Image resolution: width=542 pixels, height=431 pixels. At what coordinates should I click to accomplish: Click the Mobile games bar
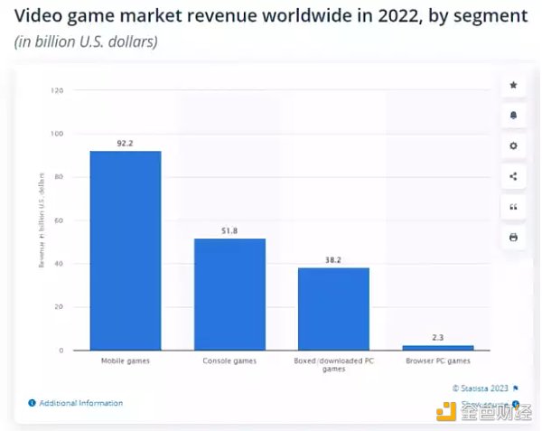[126, 250]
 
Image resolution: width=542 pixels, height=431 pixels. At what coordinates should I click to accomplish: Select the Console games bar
[229, 294]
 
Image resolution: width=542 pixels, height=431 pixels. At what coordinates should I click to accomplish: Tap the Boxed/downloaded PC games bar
[333, 308]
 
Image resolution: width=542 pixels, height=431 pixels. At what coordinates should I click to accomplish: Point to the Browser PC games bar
[437, 347]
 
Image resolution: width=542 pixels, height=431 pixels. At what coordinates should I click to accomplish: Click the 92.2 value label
[126, 143]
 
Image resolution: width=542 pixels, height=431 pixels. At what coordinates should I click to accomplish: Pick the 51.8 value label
[229, 230]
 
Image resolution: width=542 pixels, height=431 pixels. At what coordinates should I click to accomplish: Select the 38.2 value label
[333, 259]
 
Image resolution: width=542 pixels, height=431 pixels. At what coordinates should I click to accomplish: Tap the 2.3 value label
[437, 337]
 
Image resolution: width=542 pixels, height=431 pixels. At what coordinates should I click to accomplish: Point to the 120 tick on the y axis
[57, 90]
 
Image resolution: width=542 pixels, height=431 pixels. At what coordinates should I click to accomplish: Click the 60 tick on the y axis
[59, 220]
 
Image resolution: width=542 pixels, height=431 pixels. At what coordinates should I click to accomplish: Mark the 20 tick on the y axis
[59, 307]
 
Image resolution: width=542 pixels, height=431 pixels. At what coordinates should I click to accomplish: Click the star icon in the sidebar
[513, 85]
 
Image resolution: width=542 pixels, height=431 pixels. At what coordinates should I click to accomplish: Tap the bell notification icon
[513, 116]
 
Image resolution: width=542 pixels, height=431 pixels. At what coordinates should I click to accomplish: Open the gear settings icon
[513, 145]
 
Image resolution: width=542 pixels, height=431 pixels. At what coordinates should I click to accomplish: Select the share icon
[513, 176]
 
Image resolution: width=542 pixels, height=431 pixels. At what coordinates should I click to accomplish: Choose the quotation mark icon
[513, 207]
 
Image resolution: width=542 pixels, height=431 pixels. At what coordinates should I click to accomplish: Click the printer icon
[513, 237]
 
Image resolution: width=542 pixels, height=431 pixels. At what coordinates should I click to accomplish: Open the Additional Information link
[80, 403]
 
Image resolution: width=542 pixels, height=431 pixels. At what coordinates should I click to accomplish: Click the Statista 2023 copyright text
[482, 388]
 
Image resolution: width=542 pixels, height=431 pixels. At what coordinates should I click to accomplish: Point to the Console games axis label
[229, 361]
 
